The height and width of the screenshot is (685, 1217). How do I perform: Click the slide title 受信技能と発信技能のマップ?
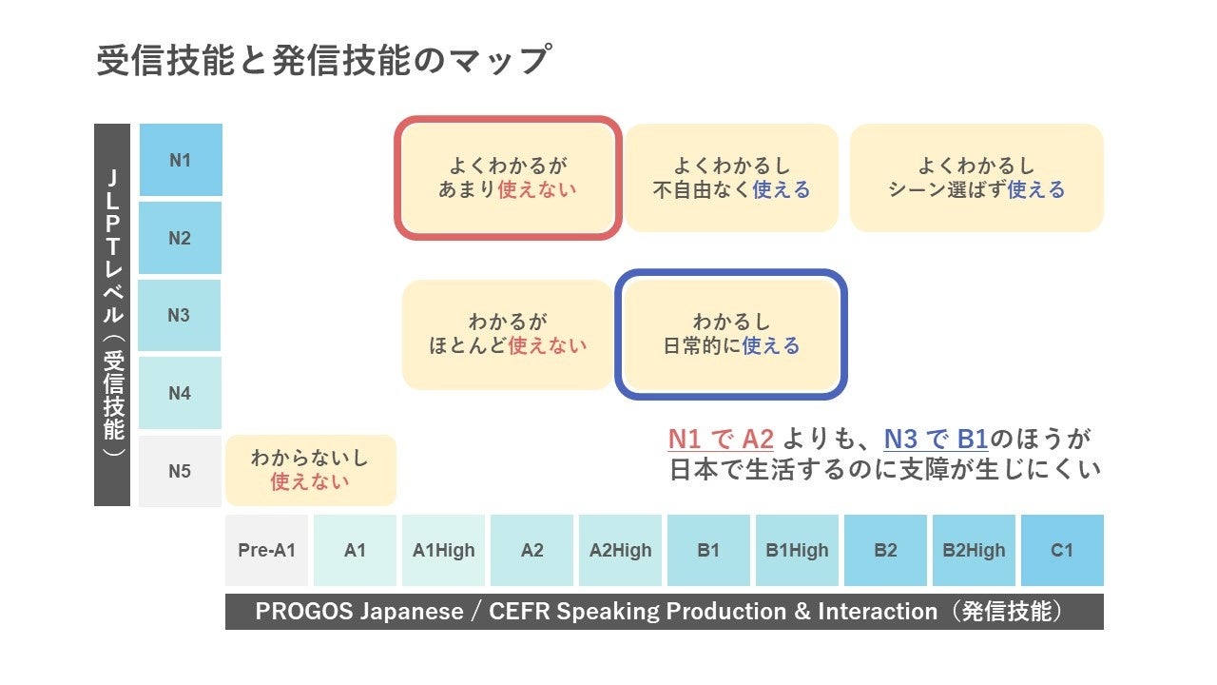pyautogui.click(x=323, y=61)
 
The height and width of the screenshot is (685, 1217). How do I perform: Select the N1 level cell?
pyautogui.click(x=181, y=160)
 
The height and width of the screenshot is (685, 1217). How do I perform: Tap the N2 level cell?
pyautogui.click(x=181, y=238)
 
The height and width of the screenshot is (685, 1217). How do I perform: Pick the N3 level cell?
pyautogui.click(x=181, y=315)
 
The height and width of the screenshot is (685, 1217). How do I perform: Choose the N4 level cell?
pyautogui.click(x=181, y=393)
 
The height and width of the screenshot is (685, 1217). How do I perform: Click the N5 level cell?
pyautogui.click(x=181, y=471)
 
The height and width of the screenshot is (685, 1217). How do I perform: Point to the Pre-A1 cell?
pyautogui.click(x=266, y=550)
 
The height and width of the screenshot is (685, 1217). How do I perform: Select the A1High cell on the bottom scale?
pyautogui.click(x=443, y=550)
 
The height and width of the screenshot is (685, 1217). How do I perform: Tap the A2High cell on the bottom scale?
pyautogui.click(x=620, y=550)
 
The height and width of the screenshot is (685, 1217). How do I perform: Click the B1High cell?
pyautogui.click(x=797, y=550)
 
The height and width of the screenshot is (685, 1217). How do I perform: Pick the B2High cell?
pyautogui.click(x=974, y=550)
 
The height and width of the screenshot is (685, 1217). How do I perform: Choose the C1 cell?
pyautogui.click(x=1062, y=550)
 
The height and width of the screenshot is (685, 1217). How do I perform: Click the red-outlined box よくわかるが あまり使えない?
pyautogui.click(x=508, y=178)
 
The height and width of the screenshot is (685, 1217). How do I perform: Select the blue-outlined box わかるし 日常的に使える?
pyautogui.click(x=731, y=334)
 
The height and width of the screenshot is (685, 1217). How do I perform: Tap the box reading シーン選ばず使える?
pyautogui.click(x=976, y=178)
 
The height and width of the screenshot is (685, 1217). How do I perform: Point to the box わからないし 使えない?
pyautogui.click(x=310, y=470)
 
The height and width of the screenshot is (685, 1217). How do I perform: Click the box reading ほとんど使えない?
pyautogui.click(x=508, y=334)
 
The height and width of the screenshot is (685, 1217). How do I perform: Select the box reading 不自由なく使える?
pyautogui.click(x=731, y=178)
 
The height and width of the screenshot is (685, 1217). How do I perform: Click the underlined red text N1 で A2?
pyautogui.click(x=721, y=440)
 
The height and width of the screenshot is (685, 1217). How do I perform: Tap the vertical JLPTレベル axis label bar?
pyautogui.click(x=112, y=314)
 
